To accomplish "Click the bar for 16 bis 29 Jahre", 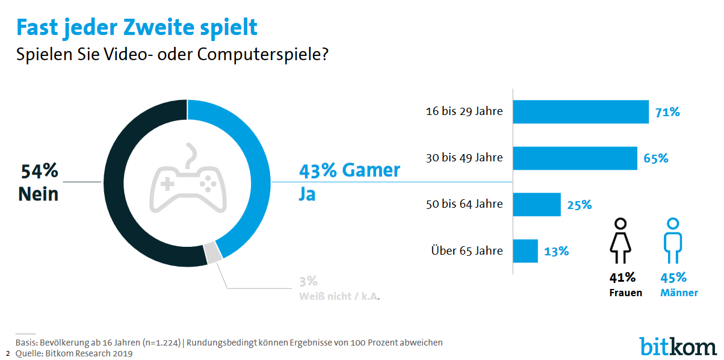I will [580, 112].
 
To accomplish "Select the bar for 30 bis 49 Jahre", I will [575, 158].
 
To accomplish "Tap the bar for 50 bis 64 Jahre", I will [536, 205].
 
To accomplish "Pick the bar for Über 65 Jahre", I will [525, 251].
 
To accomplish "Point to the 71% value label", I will [668, 112].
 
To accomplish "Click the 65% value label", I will [656, 158].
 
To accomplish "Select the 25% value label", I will [580, 205].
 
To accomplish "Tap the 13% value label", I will [557, 251].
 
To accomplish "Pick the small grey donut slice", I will [212, 252].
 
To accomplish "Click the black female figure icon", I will [622, 240].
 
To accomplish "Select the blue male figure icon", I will [672, 240].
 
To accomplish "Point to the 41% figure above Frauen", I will [622, 278].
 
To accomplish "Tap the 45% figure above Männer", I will [673, 278].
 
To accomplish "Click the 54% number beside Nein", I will [40, 172].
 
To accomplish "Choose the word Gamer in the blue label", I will [371, 170].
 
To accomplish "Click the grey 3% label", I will [308, 281].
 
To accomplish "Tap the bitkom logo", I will [678, 346].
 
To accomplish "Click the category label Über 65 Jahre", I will [467, 250].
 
